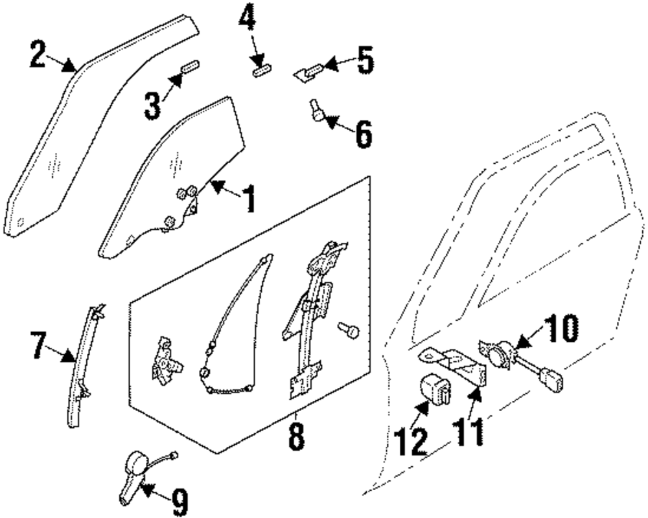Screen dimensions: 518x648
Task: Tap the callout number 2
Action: click(x=39, y=54)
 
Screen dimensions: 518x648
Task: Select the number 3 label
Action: click(x=152, y=106)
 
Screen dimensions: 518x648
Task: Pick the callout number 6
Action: click(x=362, y=135)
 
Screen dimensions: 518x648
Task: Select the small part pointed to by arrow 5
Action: click(x=308, y=71)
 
